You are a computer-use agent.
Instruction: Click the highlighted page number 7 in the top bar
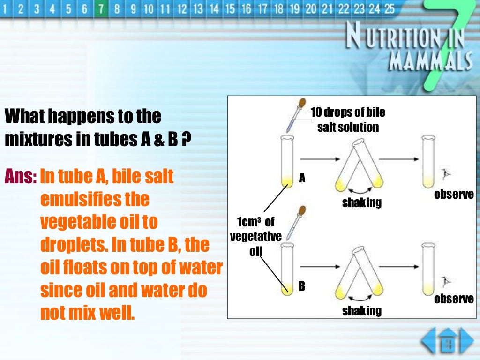[100, 9]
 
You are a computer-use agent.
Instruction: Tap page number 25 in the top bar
[389, 9]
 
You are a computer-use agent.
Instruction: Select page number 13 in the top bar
[198, 9]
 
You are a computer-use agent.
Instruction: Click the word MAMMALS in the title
[430, 60]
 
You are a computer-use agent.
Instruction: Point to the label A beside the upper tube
[302, 178]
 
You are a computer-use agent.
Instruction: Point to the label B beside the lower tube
[302, 286]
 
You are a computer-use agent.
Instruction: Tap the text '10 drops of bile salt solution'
[348, 120]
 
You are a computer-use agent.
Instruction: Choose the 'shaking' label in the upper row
[361, 203]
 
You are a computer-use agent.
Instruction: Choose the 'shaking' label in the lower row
[361, 310]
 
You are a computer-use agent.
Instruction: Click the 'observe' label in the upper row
[454, 195]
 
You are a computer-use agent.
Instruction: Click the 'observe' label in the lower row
[454, 299]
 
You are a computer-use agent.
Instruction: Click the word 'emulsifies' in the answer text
[95, 200]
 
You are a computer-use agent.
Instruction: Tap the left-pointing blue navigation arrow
[428, 341]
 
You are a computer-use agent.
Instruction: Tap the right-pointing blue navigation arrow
[466, 341]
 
